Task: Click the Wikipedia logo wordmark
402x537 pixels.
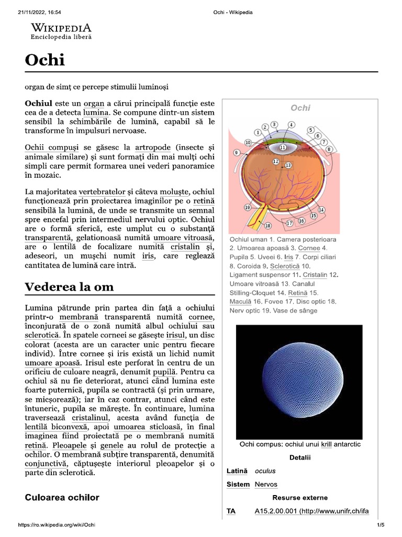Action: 61,28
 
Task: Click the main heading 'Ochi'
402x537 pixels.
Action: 45,60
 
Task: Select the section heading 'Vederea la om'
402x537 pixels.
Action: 69,287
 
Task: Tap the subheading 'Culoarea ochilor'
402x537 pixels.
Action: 62,497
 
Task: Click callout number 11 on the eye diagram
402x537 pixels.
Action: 283,148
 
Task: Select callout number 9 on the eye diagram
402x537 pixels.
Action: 237,153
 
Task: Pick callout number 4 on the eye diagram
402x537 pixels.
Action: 291,124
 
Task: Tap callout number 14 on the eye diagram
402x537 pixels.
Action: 321,209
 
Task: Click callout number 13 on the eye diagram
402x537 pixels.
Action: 288,165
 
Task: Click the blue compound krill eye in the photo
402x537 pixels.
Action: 298,382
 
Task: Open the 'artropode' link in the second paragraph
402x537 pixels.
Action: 153,148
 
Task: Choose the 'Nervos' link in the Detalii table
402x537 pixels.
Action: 266,484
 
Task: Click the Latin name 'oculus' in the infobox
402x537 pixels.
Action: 265,471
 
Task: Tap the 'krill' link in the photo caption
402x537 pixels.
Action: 327,444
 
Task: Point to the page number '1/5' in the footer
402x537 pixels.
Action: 380,525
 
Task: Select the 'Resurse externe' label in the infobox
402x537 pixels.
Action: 300,497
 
